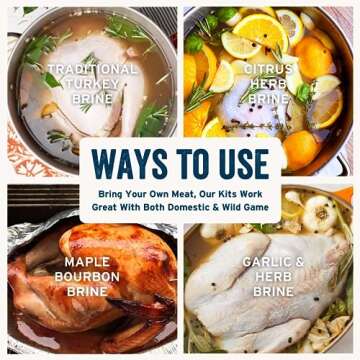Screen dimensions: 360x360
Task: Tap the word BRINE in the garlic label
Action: coord(273,292)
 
